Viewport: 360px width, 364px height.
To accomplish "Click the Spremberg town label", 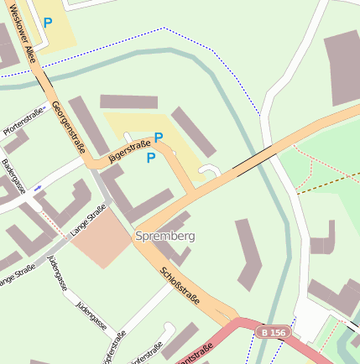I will [164, 237].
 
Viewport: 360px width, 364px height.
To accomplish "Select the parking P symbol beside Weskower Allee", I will [48, 23].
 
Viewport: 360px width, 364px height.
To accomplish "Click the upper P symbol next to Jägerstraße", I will [158, 138].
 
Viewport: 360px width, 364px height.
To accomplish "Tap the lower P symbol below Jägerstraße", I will [151, 157].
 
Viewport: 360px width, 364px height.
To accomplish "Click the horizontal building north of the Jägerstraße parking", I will [128, 101].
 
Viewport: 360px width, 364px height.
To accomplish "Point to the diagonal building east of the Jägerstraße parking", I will [195, 132].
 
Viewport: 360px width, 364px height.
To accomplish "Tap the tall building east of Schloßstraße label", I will [249, 253].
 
